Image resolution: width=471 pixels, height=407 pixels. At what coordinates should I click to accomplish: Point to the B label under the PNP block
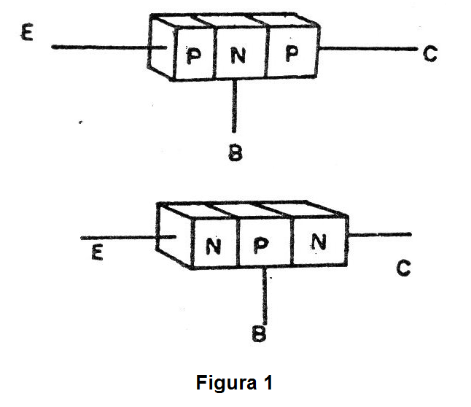(235, 153)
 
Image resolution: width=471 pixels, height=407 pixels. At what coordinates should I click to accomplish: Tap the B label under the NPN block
(260, 334)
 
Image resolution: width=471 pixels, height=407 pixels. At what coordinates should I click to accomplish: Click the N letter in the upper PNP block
(238, 55)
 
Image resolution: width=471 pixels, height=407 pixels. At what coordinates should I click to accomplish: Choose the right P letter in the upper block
(292, 55)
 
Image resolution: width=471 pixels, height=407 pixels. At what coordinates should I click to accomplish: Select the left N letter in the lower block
(214, 247)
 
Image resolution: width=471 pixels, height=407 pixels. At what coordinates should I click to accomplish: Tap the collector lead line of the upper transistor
(365, 50)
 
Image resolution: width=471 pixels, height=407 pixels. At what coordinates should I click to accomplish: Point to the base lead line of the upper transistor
(235, 106)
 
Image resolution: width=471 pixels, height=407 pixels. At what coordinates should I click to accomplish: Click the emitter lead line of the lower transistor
(117, 238)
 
